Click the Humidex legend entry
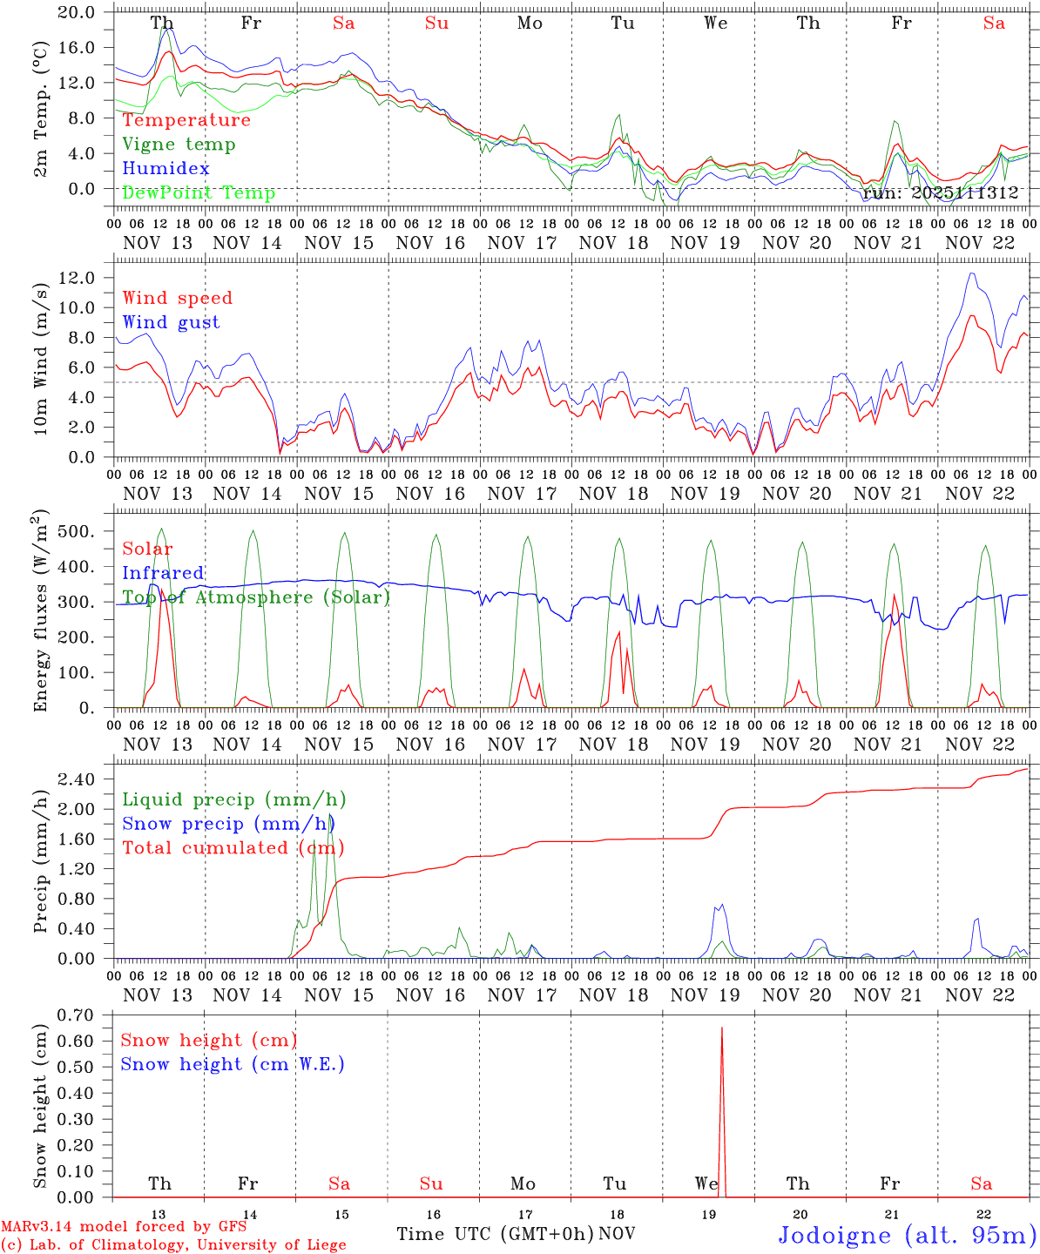pyautogui.click(x=165, y=168)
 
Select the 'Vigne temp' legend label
pyautogui.click(x=179, y=145)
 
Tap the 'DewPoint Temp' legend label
pyautogui.click(x=199, y=192)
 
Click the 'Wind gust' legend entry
pyautogui.click(x=171, y=322)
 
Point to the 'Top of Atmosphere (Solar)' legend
pyautogui.click(x=255, y=597)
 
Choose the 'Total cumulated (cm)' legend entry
pyautogui.click(x=233, y=847)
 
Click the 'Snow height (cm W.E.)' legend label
pyautogui.click(x=233, y=1064)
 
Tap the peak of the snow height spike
pyautogui.click(x=721, y=1028)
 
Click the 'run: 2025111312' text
pyautogui.click(x=941, y=193)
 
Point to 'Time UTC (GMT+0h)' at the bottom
pyautogui.click(x=495, y=1234)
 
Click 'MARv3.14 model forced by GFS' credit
pyautogui.click(x=124, y=1227)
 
